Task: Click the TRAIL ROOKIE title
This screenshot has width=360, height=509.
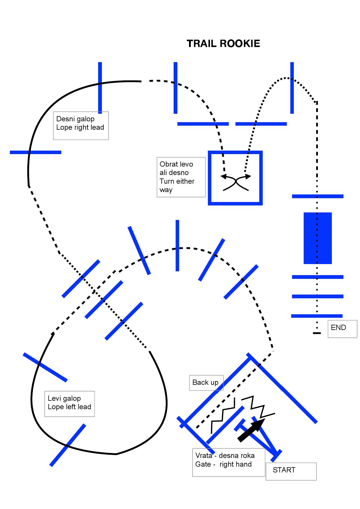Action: (223, 44)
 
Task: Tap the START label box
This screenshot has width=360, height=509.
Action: (291, 471)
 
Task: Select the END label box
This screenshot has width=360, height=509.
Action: (342, 328)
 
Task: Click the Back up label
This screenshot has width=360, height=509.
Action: (206, 382)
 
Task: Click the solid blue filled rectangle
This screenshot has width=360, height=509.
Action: (318, 238)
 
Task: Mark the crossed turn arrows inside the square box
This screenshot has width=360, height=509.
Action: (236, 182)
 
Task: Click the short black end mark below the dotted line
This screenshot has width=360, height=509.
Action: (317, 333)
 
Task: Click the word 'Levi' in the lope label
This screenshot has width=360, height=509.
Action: (54, 398)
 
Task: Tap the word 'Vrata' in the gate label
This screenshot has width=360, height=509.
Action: (204, 455)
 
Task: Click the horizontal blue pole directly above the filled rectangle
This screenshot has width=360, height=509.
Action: (318, 196)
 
